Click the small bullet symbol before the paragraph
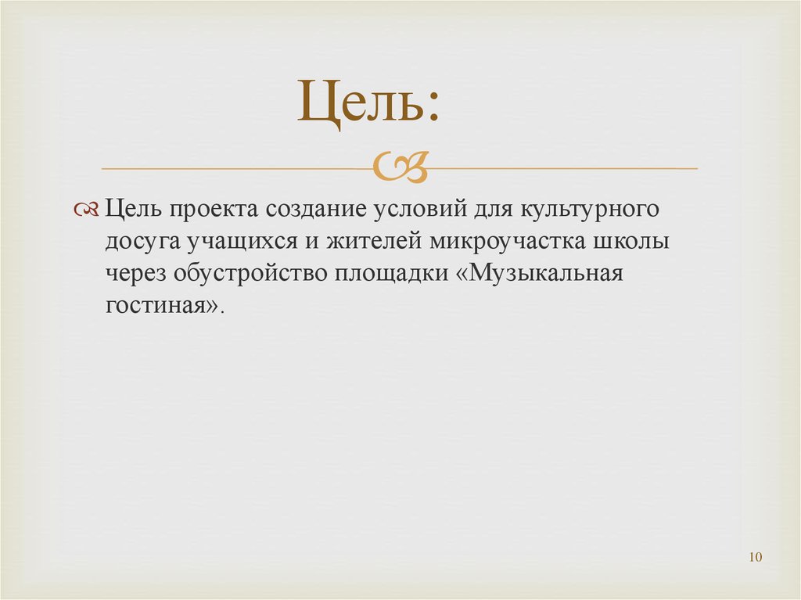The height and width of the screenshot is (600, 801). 86,210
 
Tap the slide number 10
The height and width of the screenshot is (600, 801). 755,557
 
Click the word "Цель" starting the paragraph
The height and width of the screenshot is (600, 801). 130,210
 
